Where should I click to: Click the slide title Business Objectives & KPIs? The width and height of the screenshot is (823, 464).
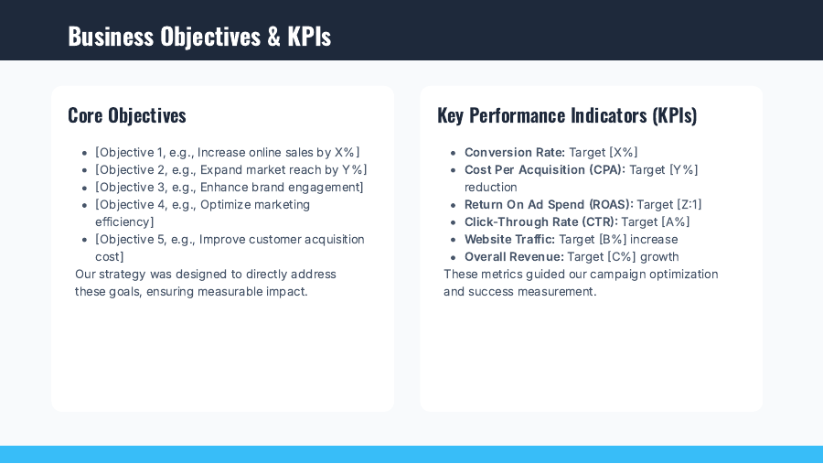199,37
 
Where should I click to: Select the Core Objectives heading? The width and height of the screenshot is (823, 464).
127,115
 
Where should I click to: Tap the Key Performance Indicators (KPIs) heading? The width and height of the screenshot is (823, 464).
567,115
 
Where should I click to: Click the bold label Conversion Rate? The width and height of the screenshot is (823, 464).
515,153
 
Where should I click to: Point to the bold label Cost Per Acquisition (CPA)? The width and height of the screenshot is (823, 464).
545,170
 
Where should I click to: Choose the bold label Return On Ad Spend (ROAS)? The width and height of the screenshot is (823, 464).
549,205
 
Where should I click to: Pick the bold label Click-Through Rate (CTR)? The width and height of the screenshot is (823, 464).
541,222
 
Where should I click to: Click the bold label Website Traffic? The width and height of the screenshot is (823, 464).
509,240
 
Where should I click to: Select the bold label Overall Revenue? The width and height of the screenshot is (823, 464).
514,257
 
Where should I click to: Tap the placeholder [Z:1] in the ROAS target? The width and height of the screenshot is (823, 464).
689,205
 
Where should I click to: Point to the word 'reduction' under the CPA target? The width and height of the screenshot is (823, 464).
491,188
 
